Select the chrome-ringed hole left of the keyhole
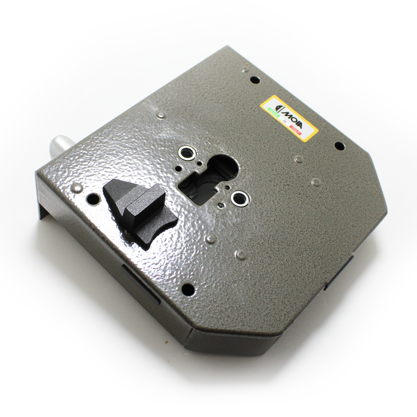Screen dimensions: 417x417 pos(186,153)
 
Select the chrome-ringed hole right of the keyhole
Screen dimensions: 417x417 pos(240,197)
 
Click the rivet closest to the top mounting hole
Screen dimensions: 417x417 pos(245,68)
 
